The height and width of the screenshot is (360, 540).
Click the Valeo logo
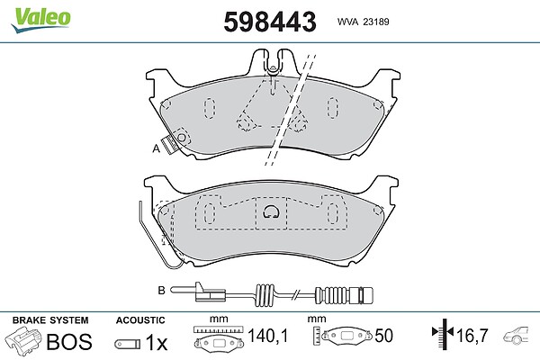pyautogui.click(x=40, y=20)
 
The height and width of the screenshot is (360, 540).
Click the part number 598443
pyautogui.click(x=270, y=22)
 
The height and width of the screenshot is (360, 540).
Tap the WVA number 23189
pyautogui.click(x=376, y=22)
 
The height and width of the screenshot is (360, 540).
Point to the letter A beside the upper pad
pyautogui.click(x=157, y=148)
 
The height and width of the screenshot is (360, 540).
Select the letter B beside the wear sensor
pyautogui.click(x=161, y=291)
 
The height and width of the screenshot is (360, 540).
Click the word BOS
pyautogui.click(x=69, y=342)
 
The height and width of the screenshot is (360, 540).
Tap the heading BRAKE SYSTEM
pyautogui.click(x=50, y=320)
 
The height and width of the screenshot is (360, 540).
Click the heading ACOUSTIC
pyautogui.click(x=140, y=320)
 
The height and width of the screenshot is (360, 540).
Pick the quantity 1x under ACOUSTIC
pyautogui.click(x=156, y=342)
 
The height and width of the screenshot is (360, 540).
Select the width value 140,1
pyautogui.click(x=267, y=335)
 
